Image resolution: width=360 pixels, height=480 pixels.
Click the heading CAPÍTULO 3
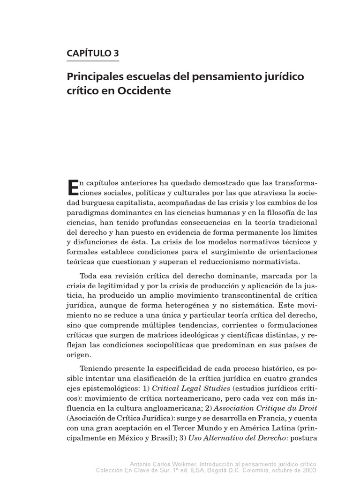point(93,53)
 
